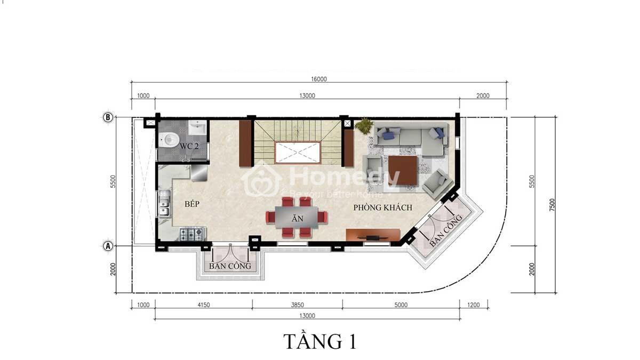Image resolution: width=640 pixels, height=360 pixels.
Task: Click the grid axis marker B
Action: coord(108,117)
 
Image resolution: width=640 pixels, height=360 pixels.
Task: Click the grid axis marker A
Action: coord(108,246)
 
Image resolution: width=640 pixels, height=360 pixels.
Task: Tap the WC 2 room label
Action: coord(189,146)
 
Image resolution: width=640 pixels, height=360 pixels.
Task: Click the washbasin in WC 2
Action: coord(197,127)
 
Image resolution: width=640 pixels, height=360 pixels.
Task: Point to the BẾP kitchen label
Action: coord(192,204)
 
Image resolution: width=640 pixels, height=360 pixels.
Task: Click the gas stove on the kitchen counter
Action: coord(191,234)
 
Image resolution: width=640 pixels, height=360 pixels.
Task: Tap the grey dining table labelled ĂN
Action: coord(297,218)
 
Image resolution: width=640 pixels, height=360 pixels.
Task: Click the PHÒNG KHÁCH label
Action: coord(383,207)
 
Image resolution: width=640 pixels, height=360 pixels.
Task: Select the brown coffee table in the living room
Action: coord(403,170)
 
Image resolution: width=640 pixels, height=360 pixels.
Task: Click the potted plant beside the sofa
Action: coord(364,125)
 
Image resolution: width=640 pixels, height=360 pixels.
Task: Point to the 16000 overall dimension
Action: coord(319,79)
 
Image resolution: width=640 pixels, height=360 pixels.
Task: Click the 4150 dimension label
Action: coord(204,305)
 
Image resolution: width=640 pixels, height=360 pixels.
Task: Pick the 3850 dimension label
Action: coord(298,305)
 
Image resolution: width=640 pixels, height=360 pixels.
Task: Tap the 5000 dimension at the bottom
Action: coord(401,305)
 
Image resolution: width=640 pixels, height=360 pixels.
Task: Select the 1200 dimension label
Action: coord(474,305)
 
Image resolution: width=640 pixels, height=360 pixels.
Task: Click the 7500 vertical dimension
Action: coord(552,205)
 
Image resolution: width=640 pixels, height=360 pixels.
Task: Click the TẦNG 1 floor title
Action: coord(320,341)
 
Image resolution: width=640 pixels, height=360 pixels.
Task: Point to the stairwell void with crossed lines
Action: coord(297,153)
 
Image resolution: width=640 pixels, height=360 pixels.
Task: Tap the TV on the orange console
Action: coord(373,237)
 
